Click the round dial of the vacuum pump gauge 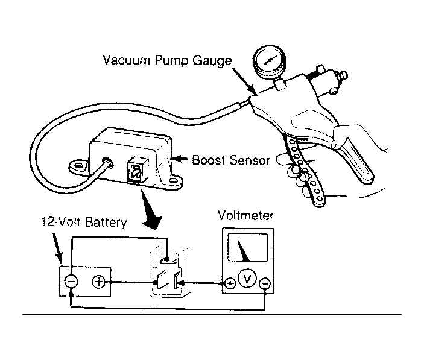click(270, 61)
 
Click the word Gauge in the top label click(212, 61)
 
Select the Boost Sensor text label click(230, 160)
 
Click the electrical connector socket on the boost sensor click(138, 170)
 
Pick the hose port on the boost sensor click(108, 162)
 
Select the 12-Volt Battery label click(84, 222)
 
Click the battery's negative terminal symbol click(71, 282)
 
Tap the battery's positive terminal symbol click(98, 282)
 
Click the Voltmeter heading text click(245, 216)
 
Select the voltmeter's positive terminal click(230, 284)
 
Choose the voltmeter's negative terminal click(265, 284)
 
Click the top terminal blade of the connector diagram click(168, 261)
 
